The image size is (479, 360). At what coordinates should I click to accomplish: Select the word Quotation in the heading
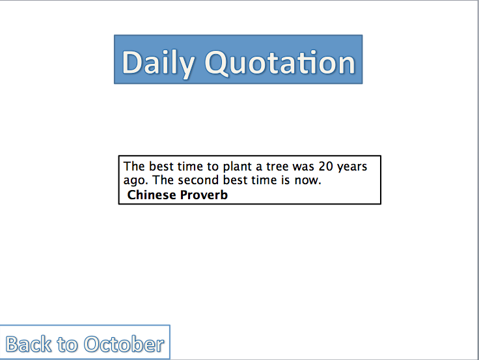coord(280,62)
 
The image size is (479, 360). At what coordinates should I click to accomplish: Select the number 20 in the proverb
coord(325,166)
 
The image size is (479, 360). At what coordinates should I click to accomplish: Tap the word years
coord(352,167)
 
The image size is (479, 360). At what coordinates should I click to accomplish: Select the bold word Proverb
coord(204,195)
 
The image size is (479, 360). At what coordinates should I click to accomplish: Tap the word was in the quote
coord(303,167)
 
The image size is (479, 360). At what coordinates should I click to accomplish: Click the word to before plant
coord(213,167)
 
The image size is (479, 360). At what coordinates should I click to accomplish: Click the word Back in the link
coord(29,344)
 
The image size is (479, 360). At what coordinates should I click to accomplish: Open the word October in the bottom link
coord(124,344)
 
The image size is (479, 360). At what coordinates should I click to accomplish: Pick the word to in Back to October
coord(67,345)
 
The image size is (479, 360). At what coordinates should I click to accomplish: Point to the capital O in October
coord(93,344)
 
